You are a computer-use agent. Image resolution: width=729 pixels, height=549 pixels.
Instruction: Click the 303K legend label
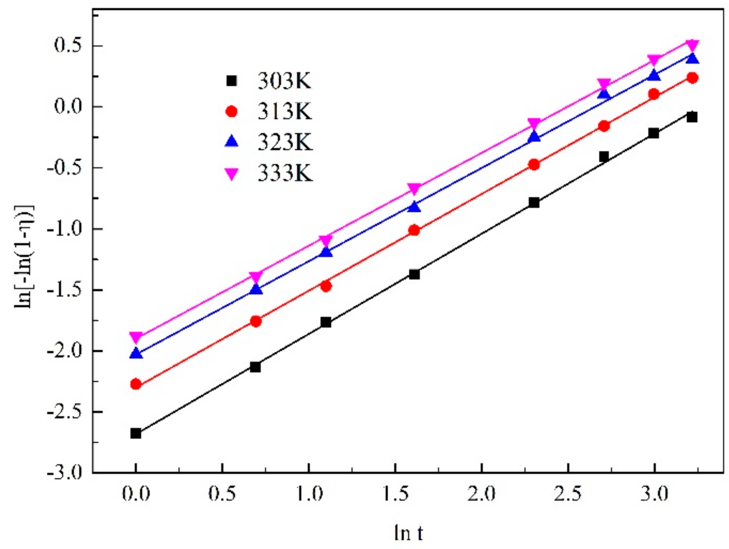pyautogui.click(x=284, y=81)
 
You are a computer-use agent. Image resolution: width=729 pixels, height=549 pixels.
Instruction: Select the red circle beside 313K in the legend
pyautogui.click(x=232, y=111)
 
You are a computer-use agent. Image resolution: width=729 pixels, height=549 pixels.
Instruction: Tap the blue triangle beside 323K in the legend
pyautogui.click(x=232, y=141)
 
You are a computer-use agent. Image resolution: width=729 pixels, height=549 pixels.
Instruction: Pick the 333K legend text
pyautogui.click(x=285, y=173)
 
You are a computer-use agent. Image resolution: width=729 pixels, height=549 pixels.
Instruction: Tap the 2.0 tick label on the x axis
pyautogui.click(x=482, y=494)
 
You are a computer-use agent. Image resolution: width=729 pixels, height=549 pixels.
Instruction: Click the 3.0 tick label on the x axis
pyautogui.click(x=654, y=494)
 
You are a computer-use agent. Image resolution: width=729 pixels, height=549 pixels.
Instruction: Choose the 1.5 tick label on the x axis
pyautogui.click(x=395, y=494)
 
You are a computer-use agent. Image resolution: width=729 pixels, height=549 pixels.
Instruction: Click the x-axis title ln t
pyautogui.click(x=408, y=533)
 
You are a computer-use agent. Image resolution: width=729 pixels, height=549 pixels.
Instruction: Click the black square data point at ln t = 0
pyautogui.click(x=136, y=433)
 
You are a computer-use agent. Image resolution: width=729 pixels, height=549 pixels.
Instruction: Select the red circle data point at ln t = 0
pyautogui.click(x=136, y=384)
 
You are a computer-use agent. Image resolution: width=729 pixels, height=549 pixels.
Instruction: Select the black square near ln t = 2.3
pyautogui.click(x=534, y=203)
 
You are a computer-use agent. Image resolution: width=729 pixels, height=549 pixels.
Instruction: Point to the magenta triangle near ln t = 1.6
pyautogui.click(x=414, y=189)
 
